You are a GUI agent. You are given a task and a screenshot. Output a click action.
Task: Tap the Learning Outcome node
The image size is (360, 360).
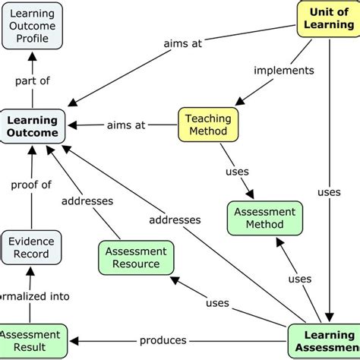(x=33, y=126)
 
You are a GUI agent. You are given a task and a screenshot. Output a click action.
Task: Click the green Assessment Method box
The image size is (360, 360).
(x=264, y=218)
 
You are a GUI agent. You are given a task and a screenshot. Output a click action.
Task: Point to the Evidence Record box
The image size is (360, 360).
(x=30, y=248)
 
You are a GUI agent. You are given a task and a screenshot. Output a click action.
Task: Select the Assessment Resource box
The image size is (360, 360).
(x=137, y=257)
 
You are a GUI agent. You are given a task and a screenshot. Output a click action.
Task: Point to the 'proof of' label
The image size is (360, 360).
(x=32, y=185)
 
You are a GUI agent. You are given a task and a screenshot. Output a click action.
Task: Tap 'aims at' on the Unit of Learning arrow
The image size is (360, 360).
(x=183, y=44)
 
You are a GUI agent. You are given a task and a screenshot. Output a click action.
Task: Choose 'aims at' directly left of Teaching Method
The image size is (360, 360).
(x=126, y=125)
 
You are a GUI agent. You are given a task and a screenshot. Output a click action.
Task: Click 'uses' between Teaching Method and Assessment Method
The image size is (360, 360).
(x=237, y=172)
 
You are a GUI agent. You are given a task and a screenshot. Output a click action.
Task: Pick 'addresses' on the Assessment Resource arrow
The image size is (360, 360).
(x=87, y=201)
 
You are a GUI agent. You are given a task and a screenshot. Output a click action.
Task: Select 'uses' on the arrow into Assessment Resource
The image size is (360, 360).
(x=217, y=303)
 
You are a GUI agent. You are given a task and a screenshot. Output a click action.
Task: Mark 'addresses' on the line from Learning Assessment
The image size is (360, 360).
(x=175, y=220)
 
